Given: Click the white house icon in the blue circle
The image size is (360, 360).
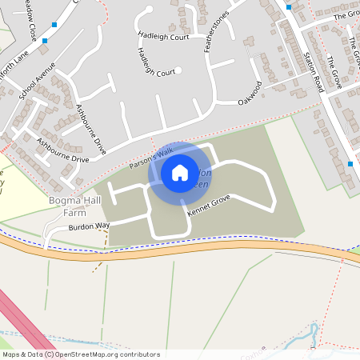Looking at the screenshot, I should [180, 172].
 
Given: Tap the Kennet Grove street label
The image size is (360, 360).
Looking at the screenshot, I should [209, 206].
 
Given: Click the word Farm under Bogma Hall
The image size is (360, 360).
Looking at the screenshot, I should [75, 213].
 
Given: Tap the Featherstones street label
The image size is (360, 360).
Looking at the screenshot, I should [217, 31].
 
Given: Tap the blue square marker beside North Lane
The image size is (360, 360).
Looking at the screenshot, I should [45, 39].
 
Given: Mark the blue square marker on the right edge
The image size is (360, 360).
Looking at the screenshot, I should [350, 164].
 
